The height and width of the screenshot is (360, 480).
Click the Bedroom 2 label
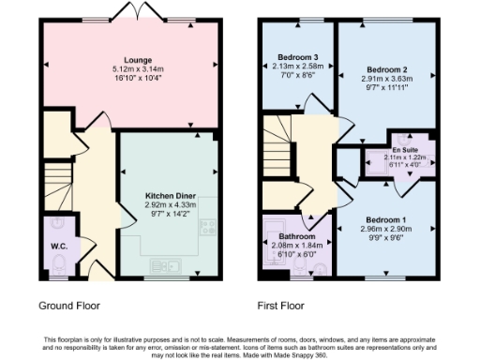click(x=386, y=70)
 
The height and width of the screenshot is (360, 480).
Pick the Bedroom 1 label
click(x=385, y=219)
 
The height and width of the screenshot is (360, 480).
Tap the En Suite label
click(x=405, y=149)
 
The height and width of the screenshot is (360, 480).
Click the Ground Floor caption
click(x=69, y=306)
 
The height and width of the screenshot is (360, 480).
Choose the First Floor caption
click(x=281, y=306)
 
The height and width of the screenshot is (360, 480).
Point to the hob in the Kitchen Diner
click(x=206, y=227)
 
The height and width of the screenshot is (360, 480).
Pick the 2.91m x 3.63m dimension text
click(x=386, y=80)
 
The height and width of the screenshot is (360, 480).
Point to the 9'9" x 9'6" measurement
click(x=385, y=238)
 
